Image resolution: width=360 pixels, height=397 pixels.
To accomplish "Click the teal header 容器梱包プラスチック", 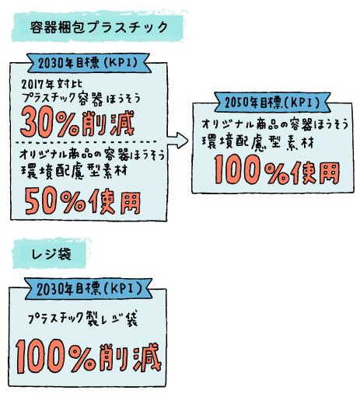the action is [99, 26].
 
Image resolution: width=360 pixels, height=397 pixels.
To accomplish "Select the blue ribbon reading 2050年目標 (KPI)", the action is [272, 102].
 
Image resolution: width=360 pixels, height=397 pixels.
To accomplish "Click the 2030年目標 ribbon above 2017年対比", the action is [89, 63].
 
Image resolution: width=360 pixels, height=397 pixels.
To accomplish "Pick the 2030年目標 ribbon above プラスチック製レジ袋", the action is [89, 289].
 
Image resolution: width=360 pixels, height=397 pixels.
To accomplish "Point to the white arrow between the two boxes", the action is [177, 140].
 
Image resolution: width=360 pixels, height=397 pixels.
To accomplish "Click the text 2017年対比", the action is [52, 84].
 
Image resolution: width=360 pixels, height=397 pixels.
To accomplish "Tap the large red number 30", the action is [38, 122].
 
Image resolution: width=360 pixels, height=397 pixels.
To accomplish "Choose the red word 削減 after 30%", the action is [108, 124].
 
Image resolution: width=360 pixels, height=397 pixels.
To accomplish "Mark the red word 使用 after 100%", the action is [316, 172].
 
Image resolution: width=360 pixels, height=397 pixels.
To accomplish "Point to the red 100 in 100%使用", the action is [237, 169].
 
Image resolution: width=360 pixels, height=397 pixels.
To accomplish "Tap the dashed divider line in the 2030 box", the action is [86, 142].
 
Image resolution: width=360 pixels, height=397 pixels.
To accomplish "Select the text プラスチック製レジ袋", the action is [82, 319].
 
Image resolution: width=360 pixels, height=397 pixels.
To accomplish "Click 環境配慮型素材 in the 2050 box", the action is [258, 143].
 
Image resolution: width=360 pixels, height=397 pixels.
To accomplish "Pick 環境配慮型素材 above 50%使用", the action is [74, 171].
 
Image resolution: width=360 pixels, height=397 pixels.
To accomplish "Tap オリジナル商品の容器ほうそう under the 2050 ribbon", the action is [275, 124].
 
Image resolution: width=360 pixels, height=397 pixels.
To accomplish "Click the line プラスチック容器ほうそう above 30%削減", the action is [81, 99].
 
